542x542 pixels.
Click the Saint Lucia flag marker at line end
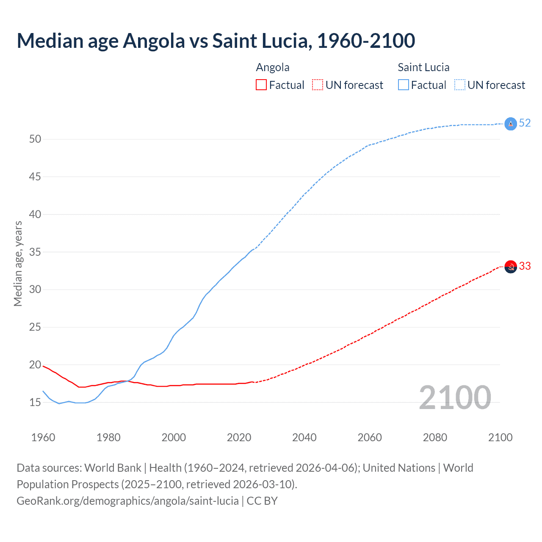pyautogui.click(x=511, y=124)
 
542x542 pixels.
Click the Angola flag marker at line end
pyautogui.click(x=511, y=267)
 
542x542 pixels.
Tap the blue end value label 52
pyautogui.click(x=525, y=123)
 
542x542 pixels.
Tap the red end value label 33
pyautogui.click(x=525, y=266)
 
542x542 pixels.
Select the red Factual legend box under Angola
pyautogui.click(x=261, y=85)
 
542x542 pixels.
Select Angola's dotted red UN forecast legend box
pyautogui.click(x=318, y=85)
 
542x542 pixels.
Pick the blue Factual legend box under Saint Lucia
pyautogui.click(x=404, y=85)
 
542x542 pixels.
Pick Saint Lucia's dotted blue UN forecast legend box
pyautogui.click(x=459, y=85)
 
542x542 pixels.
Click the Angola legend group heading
pyautogui.click(x=273, y=68)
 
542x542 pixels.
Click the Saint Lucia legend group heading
pyautogui.click(x=423, y=68)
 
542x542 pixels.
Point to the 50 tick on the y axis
pyautogui.click(x=35, y=139)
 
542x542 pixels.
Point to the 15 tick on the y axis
pyautogui.click(x=35, y=402)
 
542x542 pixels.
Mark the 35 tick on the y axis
pyautogui.click(x=35, y=252)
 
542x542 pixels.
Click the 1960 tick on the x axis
pyautogui.click(x=43, y=437)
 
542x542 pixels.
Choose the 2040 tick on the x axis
pyautogui.click(x=304, y=437)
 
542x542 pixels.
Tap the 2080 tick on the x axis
pyautogui.click(x=435, y=437)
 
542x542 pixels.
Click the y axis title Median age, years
pyautogui.click(x=18, y=263)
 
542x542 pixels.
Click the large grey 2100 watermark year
pyautogui.click(x=455, y=398)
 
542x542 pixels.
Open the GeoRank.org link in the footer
pyautogui.click(x=127, y=501)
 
